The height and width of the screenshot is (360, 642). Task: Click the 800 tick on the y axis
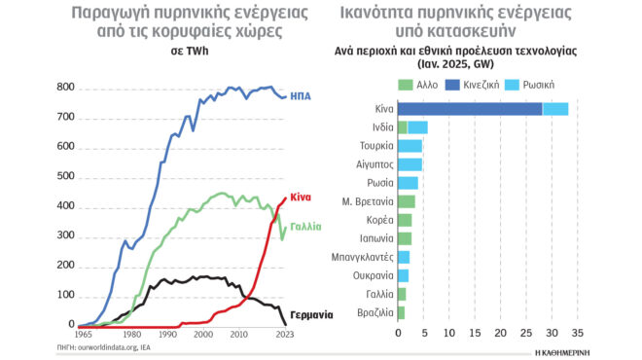click(x=64, y=88)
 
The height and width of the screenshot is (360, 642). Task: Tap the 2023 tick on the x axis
click(x=283, y=335)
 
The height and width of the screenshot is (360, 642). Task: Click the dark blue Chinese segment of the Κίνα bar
click(x=469, y=109)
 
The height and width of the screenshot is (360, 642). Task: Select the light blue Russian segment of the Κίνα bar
click(x=554, y=109)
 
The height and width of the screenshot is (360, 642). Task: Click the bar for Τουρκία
click(x=410, y=146)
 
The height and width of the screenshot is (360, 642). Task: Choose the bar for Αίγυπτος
click(x=410, y=163)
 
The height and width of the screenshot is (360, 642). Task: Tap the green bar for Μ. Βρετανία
click(x=407, y=201)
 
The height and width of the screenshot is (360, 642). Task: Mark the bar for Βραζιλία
click(x=401, y=312)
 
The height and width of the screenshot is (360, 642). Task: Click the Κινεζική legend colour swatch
click(x=459, y=85)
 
